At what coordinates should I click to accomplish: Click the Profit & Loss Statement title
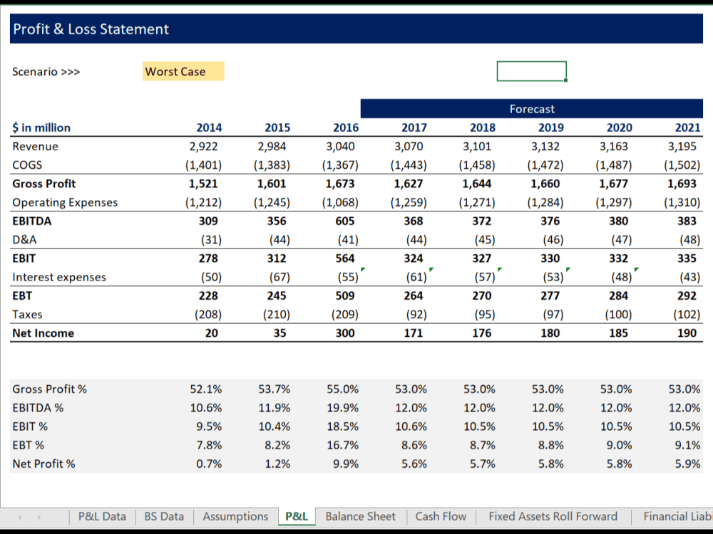pyautogui.click(x=91, y=29)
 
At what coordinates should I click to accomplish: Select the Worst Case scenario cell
pyautogui.click(x=183, y=71)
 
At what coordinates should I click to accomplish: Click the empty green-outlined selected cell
pyautogui.click(x=532, y=71)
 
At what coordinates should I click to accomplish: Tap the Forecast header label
pyautogui.click(x=532, y=109)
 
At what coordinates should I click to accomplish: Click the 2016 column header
pyautogui.click(x=346, y=127)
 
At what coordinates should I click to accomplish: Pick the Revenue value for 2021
pyautogui.click(x=687, y=147)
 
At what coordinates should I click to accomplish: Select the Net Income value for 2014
pyautogui.click(x=212, y=333)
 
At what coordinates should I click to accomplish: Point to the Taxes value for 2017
pyautogui.click(x=414, y=314)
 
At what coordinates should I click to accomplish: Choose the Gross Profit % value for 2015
pyautogui.click(x=275, y=389)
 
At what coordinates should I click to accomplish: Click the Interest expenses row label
pyautogui.click(x=59, y=277)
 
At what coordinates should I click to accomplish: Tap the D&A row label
pyautogui.click(x=24, y=239)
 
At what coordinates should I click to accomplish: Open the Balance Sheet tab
pyautogui.click(x=360, y=516)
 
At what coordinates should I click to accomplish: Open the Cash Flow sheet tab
pyautogui.click(x=441, y=516)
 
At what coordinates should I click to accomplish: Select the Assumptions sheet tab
pyautogui.click(x=235, y=516)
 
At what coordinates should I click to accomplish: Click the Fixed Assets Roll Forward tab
pyautogui.click(x=553, y=516)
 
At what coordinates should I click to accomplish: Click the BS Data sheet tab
pyautogui.click(x=164, y=516)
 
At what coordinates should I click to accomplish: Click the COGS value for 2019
pyautogui.click(x=549, y=165)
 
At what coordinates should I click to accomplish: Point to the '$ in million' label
pyautogui.click(x=41, y=127)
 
